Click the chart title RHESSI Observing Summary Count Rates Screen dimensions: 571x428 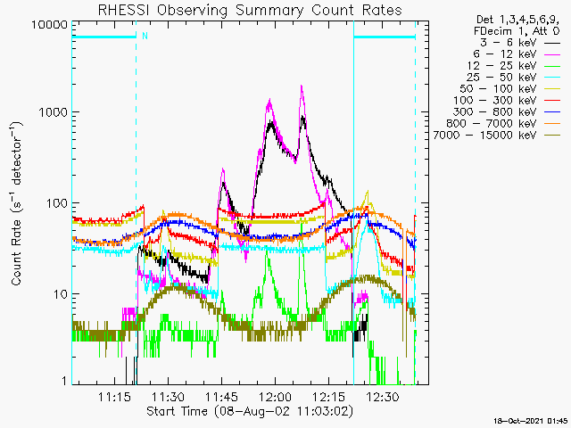250,10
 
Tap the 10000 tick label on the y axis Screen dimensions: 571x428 50,25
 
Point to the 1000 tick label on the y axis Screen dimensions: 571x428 54,112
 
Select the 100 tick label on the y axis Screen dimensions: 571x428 57,203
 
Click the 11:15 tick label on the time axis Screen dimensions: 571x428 114,397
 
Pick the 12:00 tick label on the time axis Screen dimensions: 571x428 276,397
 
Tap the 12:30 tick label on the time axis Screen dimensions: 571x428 383,397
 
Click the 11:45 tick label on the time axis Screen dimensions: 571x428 222,397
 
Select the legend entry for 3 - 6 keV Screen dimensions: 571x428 519,43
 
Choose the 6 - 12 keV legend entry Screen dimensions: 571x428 517,54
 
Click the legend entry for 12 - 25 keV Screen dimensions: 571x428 514,66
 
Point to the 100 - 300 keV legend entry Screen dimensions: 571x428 507,101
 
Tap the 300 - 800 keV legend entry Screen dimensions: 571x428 507,112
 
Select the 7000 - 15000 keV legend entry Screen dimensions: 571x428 497,136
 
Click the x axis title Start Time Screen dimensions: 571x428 250,411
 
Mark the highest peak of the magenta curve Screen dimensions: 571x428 302,86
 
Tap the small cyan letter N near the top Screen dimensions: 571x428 145,36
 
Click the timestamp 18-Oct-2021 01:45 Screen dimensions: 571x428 531,421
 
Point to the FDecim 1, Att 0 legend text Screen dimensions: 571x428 517,31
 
